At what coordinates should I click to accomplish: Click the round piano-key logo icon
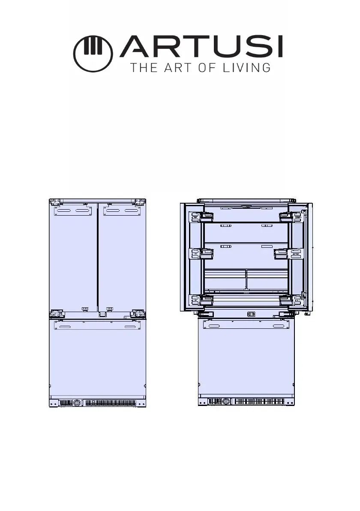tap(93, 54)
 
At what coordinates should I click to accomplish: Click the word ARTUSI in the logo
tap(201, 47)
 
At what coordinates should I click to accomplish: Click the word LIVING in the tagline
tap(246, 68)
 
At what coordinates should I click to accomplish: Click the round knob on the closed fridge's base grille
tap(77, 403)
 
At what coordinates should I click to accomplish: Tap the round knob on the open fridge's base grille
tap(226, 402)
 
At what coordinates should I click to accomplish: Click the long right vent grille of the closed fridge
tap(111, 403)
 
